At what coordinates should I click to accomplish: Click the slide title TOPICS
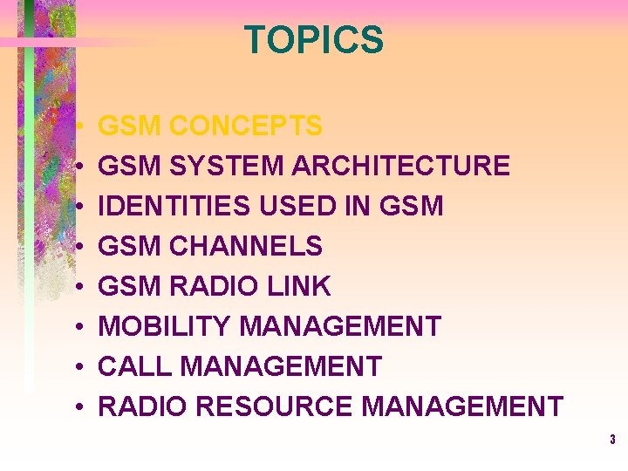(313, 40)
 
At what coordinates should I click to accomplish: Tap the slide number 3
(612, 440)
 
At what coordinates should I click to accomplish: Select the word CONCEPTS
(245, 126)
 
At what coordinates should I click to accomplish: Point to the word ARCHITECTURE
(400, 166)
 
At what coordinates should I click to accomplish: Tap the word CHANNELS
(245, 246)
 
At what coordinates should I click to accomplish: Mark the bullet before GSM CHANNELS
(78, 247)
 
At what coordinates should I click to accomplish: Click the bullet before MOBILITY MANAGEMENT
(78, 327)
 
